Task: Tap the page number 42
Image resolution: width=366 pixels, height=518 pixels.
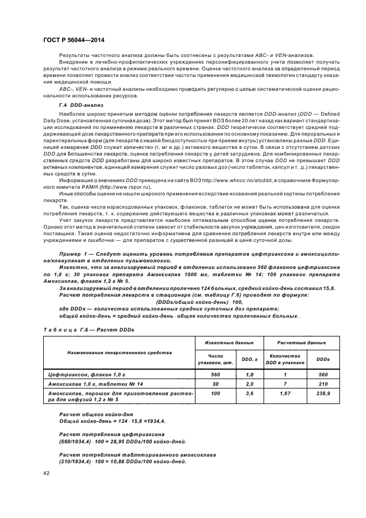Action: coord(46,473)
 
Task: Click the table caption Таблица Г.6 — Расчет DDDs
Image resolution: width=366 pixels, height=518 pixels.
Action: coord(89,330)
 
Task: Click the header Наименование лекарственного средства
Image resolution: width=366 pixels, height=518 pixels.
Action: coord(119,352)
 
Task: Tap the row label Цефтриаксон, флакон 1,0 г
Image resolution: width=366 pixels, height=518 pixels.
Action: coord(83,375)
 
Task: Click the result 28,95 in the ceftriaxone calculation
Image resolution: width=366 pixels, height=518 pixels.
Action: coord(117,441)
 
